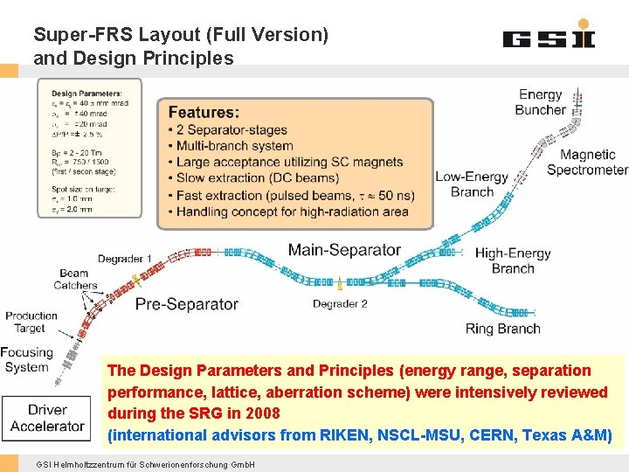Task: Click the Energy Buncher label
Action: click(x=540, y=102)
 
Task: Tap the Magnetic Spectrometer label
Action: click(x=587, y=162)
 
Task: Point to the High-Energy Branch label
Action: click(x=513, y=260)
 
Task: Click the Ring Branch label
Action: click(x=502, y=329)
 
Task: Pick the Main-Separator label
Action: click(x=344, y=250)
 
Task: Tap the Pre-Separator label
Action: click(x=186, y=304)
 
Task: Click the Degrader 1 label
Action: click(x=125, y=259)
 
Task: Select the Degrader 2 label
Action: click(x=340, y=304)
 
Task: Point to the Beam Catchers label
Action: click(x=75, y=279)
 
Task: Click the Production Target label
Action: click(x=31, y=322)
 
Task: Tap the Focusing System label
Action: click(x=27, y=359)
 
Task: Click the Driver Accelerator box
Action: click(x=47, y=418)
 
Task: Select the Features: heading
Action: click(x=204, y=112)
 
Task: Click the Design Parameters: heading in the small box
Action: click(x=86, y=94)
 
